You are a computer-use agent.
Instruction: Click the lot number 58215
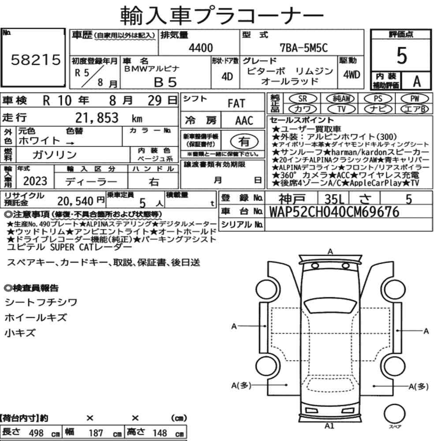pyautogui.click(x=36, y=60)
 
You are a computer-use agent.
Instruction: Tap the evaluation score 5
pyautogui.click(x=402, y=56)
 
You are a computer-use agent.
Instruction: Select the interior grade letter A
pyautogui.click(x=417, y=82)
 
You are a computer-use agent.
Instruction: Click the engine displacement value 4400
pyautogui.click(x=201, y=48)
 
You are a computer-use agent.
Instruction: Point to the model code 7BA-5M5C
pyautogui.click(x=304, y=48)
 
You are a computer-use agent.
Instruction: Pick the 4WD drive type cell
pyautogui.click(x=351, y=75)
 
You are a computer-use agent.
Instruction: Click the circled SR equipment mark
pyautogui.click(x=303, y=98)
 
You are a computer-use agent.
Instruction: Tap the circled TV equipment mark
pyautogui.click(x=341, y=109)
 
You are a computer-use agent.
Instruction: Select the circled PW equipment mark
pyautogui.click(x=415, y=98)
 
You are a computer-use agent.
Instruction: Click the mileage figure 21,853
pyautogui.click(x=97, y=118)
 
